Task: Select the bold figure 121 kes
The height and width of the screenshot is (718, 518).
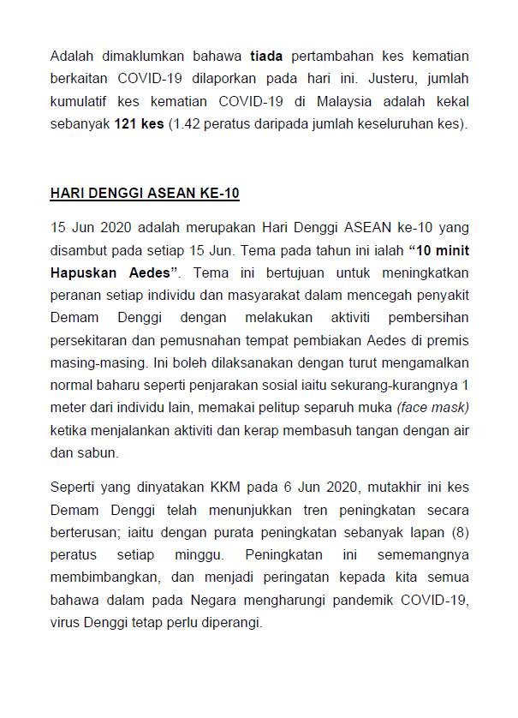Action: click(139, 123)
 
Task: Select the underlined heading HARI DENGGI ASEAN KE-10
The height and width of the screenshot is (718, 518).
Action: click(145, 194)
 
